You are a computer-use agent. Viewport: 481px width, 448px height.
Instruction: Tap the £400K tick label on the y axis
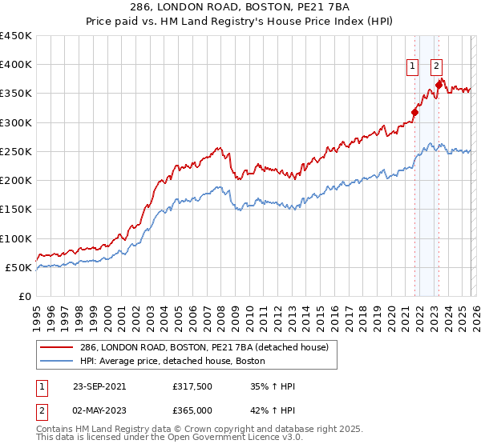(x=16, y=65)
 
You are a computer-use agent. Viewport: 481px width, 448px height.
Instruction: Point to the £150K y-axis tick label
(x=16, y=210)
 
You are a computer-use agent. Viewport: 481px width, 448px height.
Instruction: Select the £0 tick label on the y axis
(x=24, y=296)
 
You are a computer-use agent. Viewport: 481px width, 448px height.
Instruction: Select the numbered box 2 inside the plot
(x=437, y=67)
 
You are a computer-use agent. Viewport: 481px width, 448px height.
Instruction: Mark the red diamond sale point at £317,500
(x=415, y=113)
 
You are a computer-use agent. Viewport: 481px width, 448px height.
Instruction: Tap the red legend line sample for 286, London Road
(x=56, y=346)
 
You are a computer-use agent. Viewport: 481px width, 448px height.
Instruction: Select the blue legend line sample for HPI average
(x=56, y=362)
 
